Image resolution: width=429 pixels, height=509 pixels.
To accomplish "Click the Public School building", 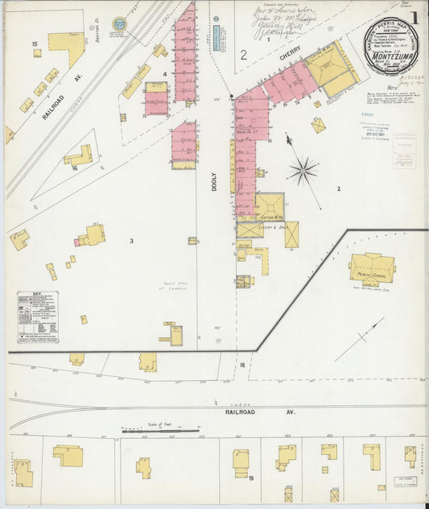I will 371,269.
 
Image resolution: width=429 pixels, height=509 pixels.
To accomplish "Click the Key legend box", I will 37,317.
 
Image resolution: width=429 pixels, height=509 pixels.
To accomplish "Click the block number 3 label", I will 131,241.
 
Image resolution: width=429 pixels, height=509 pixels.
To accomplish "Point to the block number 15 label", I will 35,43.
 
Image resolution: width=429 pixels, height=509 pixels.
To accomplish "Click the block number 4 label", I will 163,75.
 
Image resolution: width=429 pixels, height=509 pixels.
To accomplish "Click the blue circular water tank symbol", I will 119,23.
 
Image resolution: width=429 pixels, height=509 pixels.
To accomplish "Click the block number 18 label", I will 241,366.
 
